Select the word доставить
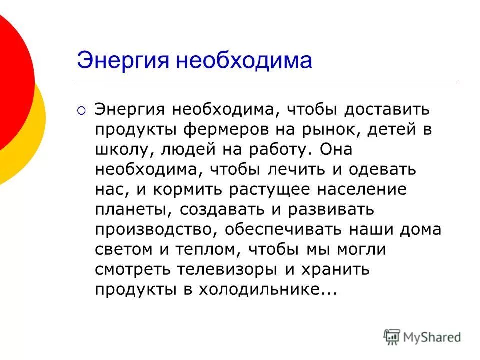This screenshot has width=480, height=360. point(388,109)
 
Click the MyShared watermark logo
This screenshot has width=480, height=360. point(423,337)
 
